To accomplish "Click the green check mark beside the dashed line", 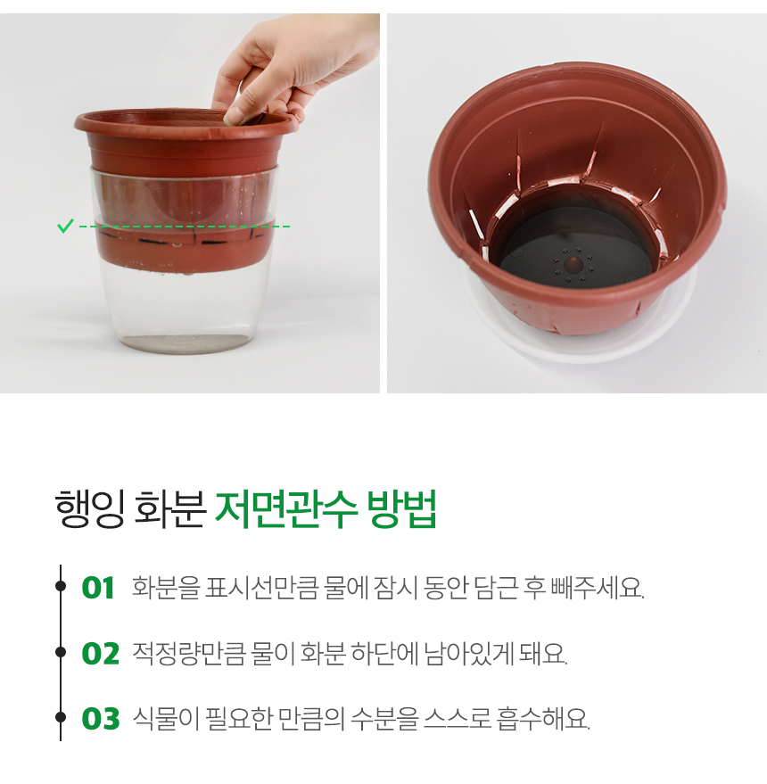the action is (65, 226).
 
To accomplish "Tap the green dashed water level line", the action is (185, 227).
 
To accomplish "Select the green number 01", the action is (98, 588).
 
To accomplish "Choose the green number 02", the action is (101, 654).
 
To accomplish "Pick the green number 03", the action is (101, 719).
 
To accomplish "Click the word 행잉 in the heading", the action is (89, 509).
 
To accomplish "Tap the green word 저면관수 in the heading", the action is (286, 509).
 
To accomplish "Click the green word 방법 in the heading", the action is (402, 509).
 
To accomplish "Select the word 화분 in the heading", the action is (170, 509).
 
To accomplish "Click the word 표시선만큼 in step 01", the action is (261, 588).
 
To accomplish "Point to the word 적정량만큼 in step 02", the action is (188, 654).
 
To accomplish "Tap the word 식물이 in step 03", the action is (165, 719).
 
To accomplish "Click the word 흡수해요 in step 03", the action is (543, 719).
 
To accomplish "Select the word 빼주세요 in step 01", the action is (597, 588).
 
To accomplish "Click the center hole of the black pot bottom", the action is (573, 263).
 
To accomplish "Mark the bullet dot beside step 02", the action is (61, 652).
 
